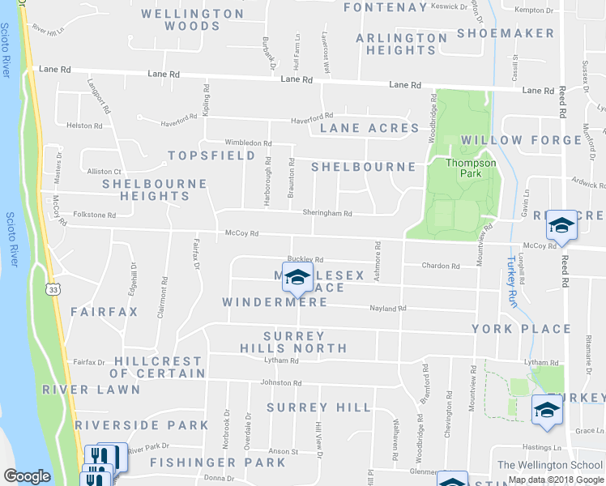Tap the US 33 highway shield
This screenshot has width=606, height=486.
pyautogui.click(x=53, y=288)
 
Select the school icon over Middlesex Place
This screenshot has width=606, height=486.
pyautogui.click(x=297, y=278)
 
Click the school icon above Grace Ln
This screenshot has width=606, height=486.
pyautogui.click(x=547, y=411)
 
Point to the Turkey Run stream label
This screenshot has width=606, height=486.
pyautogui.click(x=512, y=275)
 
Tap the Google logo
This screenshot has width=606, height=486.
pyautogui.click(x=27, y=476)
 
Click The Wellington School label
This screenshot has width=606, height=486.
pyautogui.click(x=550, y=464)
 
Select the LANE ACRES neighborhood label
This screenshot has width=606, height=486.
pyautogui.click(x=369, y=128)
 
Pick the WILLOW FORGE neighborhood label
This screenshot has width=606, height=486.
pyautogui.click(x=521, y=140)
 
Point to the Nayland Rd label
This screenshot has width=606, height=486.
pyautogui.click(x=387, y=309)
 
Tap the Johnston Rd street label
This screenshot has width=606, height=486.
pyautogui.click(x=280, y=383)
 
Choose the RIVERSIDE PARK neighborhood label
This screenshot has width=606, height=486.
pyautogui.click(x=142, y=424)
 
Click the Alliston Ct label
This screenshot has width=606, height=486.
pyautogui.click(x=104, y=172)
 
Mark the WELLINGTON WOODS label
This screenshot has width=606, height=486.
pyautogui.click(x=193, y=19)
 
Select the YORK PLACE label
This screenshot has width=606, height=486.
pyautogui.click(x=521, y=329)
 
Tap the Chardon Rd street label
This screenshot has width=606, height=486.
pyautogui.click(x=441, y=266)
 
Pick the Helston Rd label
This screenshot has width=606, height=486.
pyautogui.click(x=84, y=126)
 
